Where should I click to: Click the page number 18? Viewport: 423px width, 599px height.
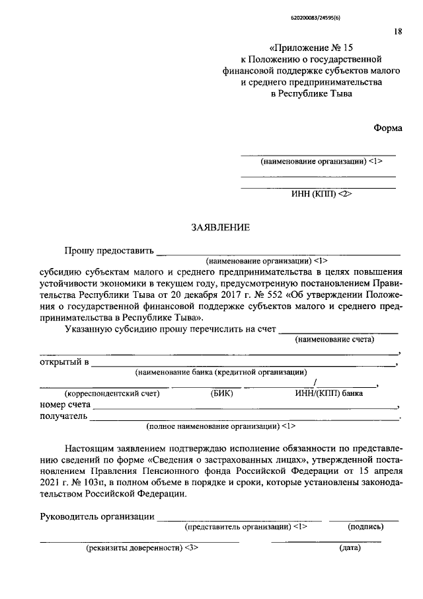(x=397, y=30)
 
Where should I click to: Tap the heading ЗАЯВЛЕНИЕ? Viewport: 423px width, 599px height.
(x=220, y=228)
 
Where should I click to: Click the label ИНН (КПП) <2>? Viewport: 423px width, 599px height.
(x=319, y=195)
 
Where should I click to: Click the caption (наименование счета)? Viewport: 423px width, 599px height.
(x=334, y=340)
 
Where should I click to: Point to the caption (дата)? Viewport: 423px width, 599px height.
(x=349, y=549)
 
